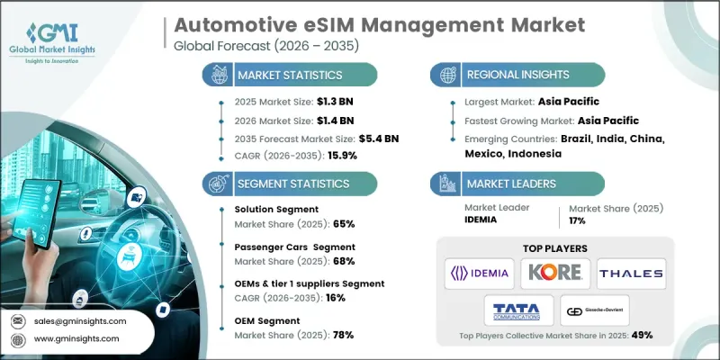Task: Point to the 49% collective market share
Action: coord(641,334)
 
